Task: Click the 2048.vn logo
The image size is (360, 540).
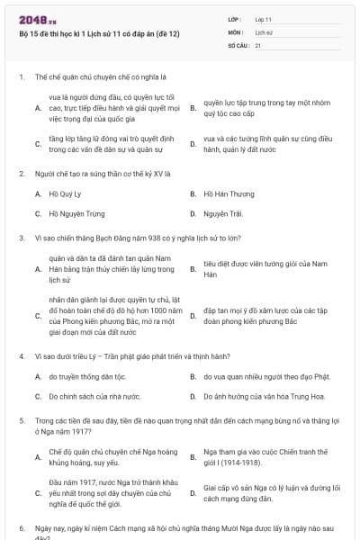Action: (37, 18)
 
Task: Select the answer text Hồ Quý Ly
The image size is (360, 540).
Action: (66, 193)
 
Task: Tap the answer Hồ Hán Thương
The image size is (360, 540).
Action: (229, 193)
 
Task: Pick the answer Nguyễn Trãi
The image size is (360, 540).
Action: (222, 213)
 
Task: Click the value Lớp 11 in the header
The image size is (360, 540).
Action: (264, 18)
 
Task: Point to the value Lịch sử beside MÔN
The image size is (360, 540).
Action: (264, 31)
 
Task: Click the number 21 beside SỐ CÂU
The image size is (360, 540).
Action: (258, 44)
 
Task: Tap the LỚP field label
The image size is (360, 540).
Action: (235, 18)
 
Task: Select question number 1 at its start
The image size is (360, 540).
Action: (21, 76)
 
